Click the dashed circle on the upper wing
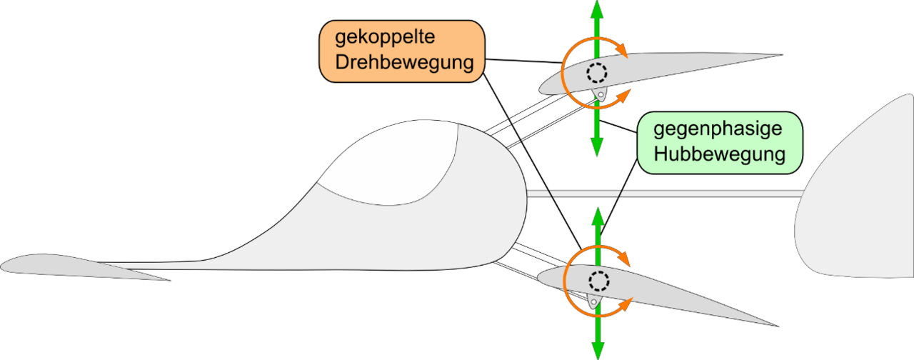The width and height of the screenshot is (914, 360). [597, 72]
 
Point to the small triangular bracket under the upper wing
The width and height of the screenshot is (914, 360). [600, 94]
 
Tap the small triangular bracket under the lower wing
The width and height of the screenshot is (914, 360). [593, 301]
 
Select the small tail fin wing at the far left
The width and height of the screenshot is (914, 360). [71, 265]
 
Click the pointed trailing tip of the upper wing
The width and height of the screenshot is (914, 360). [775, 56]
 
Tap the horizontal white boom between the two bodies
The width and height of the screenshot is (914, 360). [664, 193]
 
